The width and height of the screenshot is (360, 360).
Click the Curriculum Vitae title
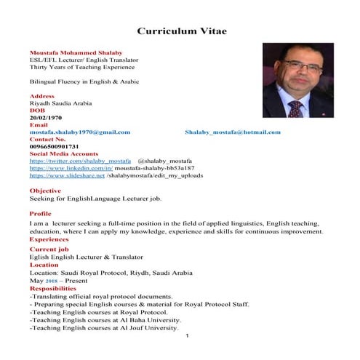[x=182, y=31]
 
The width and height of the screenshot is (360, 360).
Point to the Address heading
[x=41, y=96]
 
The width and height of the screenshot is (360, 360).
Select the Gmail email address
[x=79, y=132]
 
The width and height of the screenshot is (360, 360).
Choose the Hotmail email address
[x=232, y=132]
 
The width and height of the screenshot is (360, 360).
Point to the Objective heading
[x=45, y=191]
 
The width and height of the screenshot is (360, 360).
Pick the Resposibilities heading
[x=57, y=288]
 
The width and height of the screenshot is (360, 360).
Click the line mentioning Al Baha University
[x=105, y=319]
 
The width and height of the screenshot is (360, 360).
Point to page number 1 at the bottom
[x=187, y=335]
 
